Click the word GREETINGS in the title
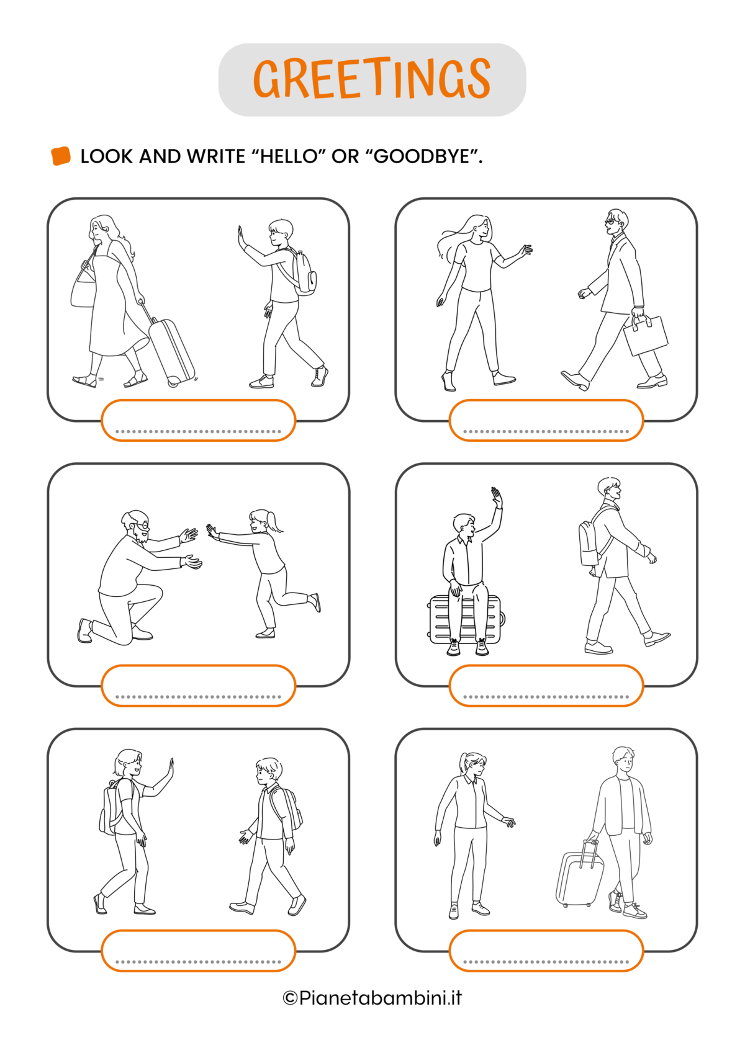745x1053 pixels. click(x=372, y=79)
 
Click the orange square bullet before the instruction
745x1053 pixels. click(x=61, y=156)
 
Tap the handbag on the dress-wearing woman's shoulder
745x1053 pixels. click(x=84, y=287)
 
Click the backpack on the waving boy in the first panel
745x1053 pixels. click(x=304, y=272)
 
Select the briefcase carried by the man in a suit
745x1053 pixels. click(x=645, y=334)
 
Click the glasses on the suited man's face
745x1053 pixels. click(x=610, y=222)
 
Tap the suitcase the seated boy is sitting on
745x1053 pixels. click(x=465, y=620)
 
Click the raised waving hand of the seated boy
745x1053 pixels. click(x=496, y=498)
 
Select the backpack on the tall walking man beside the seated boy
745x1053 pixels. click(x=590, y=543)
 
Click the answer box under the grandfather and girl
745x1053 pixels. click(x=198, y=686)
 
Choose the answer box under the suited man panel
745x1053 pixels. click(x=546, y=420)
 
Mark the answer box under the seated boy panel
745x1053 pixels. click(x=546, y=686)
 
